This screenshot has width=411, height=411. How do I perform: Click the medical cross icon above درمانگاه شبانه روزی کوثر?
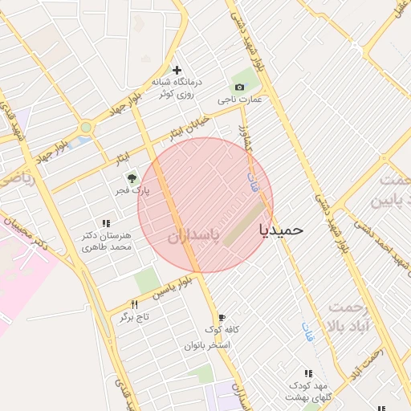point(177,71)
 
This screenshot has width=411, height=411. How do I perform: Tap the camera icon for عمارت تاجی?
point(239,87)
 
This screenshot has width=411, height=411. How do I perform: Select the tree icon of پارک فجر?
point(132,178)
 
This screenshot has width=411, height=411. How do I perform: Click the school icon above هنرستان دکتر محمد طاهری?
point(105,224)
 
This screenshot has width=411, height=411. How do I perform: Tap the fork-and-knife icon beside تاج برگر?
point(134,304)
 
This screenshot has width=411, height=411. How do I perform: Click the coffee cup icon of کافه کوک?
point(222,318)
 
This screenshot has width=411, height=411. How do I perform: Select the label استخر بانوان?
point(208,344)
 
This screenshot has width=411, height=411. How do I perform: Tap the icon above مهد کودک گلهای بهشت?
point(308,373)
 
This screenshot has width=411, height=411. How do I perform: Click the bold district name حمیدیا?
point(282,230)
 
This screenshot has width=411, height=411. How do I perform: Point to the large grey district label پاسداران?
point(195,238)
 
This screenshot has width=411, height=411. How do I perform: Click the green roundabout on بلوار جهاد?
point(86,127)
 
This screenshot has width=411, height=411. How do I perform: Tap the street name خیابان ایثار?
point(189,127)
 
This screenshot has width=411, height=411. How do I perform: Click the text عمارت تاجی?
point(240,100)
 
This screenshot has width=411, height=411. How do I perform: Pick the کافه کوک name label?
point(221,330)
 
